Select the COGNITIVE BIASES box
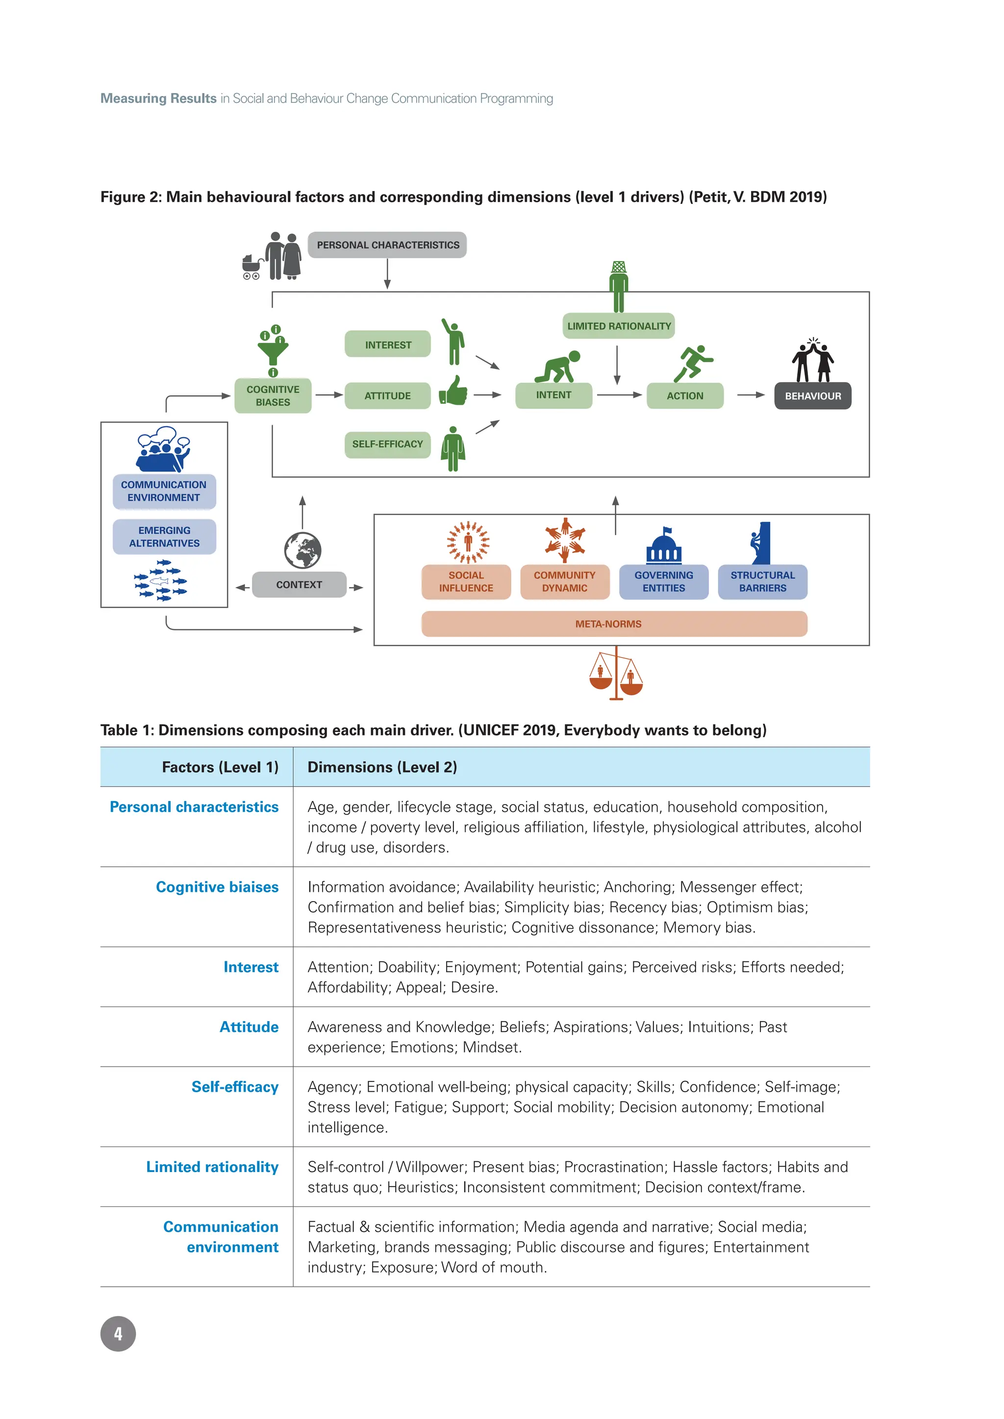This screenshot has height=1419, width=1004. click(x=273, y=395)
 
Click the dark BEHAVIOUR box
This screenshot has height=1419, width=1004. click(x=812, y=396)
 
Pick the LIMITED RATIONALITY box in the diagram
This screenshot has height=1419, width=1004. click(x=618, y=326)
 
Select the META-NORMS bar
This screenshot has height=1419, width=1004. click(x=614, y=624)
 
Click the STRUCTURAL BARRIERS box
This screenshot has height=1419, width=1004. click(x=762, y=582)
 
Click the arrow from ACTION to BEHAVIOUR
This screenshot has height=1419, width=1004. click(x=751, y=395)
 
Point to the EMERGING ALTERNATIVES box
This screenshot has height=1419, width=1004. click(x=164, y=537)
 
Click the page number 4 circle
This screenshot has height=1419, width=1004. click(x=118, y=1334)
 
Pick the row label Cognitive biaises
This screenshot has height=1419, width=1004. click(x=217, y=887)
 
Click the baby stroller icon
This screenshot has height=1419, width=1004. click(x=251, y=267)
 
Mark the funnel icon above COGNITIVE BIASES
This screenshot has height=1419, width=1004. click(x=273, y=349)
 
